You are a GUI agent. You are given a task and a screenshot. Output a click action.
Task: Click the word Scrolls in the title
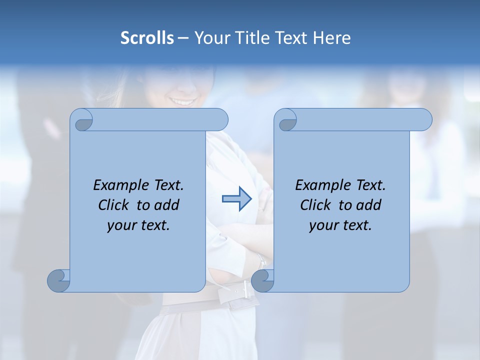point(147,38)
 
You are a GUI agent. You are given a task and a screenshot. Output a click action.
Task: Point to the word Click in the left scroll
point(115,205)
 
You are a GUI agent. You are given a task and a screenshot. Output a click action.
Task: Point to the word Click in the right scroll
point(317,205)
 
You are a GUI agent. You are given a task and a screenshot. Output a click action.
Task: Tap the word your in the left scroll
point(121,225)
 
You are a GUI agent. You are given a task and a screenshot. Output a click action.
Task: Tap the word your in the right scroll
point(323,225)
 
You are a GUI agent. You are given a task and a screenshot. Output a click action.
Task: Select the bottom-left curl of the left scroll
point(58,280)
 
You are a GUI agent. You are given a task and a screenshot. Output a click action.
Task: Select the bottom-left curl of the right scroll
point(262,280)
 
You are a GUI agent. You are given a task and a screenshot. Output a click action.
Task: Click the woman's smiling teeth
point(183,101)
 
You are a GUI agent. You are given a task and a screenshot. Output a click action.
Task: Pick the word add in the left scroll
point(167,205)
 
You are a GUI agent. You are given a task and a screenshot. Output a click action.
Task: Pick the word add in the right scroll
point(369,205)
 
